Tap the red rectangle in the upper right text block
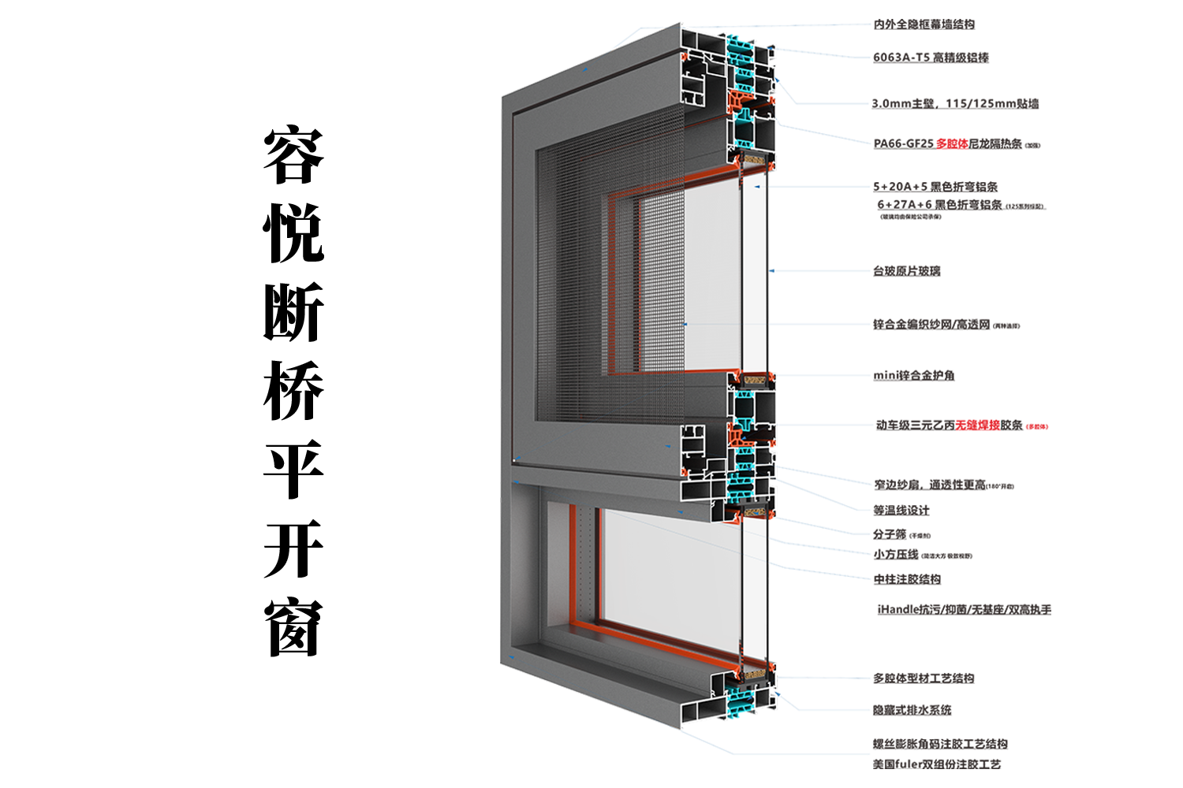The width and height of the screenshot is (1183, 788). coord(952,145)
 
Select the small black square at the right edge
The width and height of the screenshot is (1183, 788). coord(1044,117)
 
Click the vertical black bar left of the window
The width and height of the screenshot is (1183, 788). coord(290,390)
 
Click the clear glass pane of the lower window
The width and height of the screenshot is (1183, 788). coord(670,575)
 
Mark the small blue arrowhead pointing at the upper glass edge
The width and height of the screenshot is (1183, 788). coord(756,188)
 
